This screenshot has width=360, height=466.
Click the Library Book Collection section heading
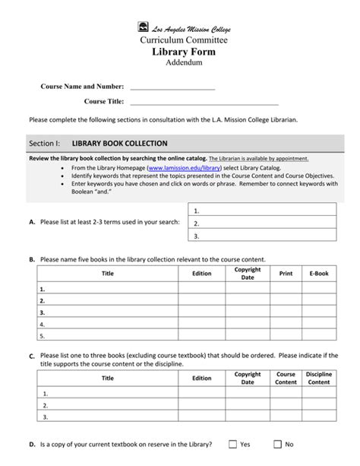coord(119,143)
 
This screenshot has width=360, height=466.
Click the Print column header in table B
coord(286,273)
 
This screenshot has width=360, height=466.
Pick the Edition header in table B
coord(202,273)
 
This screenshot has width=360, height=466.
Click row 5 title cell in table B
coord(108,335)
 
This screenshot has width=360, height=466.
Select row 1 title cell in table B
coord(108,290)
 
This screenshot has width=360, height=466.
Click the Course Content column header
coord(286,378)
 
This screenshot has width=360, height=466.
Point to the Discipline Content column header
coord(319,378)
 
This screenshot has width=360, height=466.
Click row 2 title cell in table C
coord(108,405)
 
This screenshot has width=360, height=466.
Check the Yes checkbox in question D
coord(233,444)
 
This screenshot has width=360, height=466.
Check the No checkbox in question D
coord(278,444)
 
